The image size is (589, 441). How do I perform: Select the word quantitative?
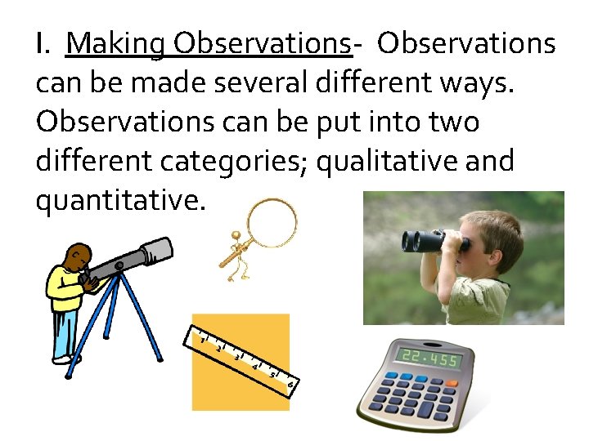(x=116, y=201)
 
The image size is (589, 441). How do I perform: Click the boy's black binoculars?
(x=432, y=241)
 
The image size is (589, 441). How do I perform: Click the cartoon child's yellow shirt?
(x=66, y=291)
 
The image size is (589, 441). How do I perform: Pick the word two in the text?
(x=449, y=122)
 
